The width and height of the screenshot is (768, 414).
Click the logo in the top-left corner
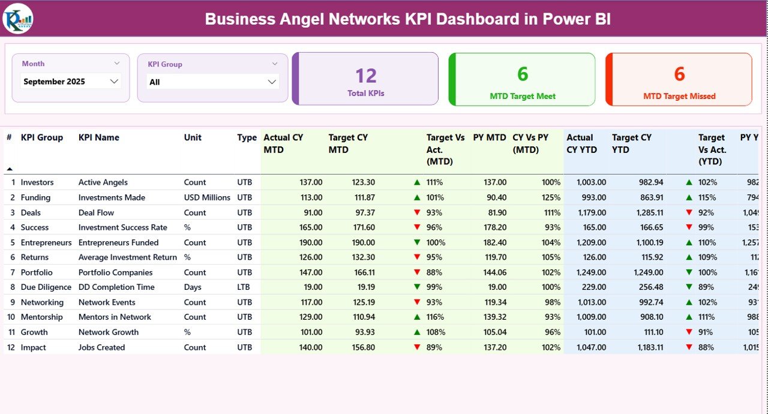18,19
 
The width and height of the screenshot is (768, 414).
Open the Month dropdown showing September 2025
71,82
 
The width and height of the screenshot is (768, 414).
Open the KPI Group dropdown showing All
212,82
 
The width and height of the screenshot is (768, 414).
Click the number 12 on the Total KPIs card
365,76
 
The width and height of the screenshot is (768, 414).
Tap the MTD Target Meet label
523,96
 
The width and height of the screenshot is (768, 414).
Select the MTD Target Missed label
679,96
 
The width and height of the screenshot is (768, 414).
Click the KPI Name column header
99,137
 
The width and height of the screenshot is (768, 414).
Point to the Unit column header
193,137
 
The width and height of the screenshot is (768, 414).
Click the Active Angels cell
103,182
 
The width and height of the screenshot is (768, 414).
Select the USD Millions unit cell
207,197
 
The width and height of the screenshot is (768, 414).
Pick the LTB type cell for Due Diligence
244,287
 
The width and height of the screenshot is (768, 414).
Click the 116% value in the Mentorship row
435,317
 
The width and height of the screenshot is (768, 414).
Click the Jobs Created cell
101,347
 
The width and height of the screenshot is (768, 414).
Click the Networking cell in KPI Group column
42,302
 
